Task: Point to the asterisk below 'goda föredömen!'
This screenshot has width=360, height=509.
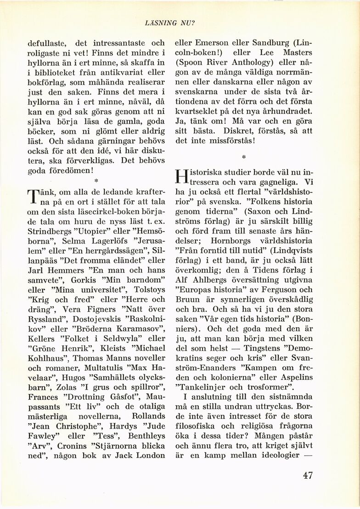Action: click(x=94, y=175)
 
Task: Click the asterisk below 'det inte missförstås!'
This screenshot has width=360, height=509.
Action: click(x=244, y=157)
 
